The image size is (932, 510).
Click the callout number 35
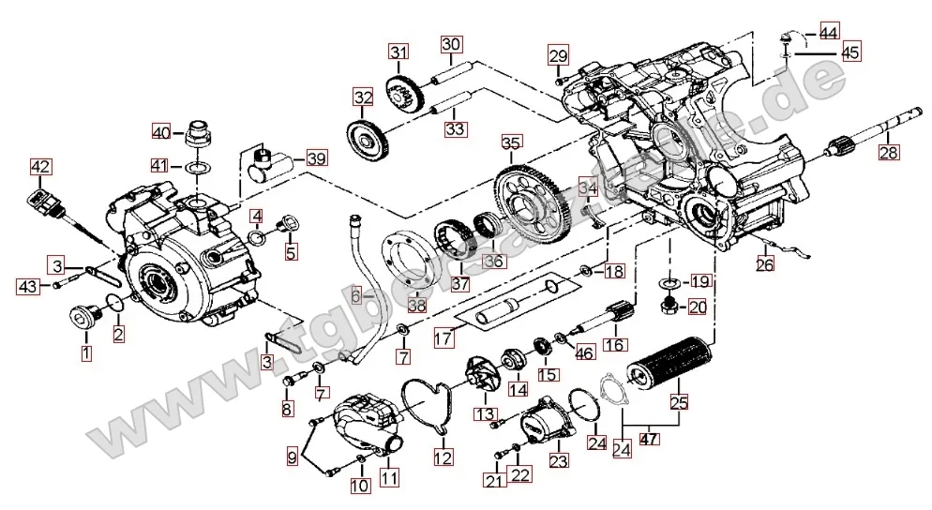point(511,143)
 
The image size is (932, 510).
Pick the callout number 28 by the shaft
point(888,152)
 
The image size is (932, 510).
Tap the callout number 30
point(452,45)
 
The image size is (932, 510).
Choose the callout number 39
point(316,158)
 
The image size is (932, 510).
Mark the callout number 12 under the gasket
point(443,457)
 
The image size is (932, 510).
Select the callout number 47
point(648,438)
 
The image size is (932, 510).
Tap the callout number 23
point(558,461)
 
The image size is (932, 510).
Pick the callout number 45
point(850,52)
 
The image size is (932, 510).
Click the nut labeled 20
point(670,306)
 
